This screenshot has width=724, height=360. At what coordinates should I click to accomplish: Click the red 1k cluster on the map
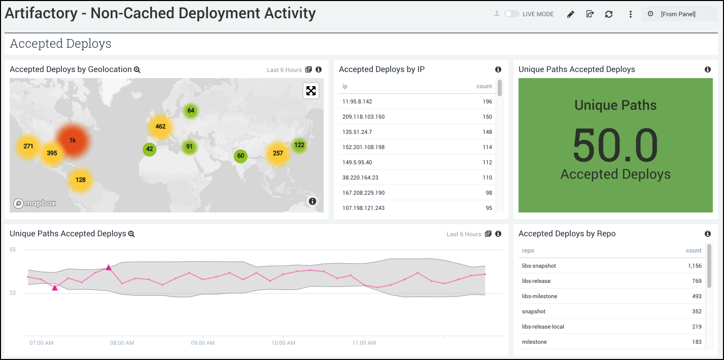(73, 140)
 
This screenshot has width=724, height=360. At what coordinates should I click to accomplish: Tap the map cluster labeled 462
(160, 126)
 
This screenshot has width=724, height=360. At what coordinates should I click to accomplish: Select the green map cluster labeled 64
(191, 111)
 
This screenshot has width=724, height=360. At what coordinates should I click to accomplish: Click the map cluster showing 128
(81, 179)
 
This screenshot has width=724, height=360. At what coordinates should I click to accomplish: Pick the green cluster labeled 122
(299, 145)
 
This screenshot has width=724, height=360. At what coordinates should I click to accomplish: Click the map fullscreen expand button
(311, 91)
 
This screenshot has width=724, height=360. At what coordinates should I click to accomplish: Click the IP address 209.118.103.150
(363, 117)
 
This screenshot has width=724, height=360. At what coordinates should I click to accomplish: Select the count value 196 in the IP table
(487, 101)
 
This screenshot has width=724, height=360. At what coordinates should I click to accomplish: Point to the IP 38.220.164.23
(360, 177)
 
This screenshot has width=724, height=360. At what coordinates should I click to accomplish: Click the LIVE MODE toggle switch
(511, 14)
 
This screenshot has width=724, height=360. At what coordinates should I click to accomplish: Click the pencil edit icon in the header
(570, 14)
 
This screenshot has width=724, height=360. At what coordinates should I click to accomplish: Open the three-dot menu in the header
(631, 14)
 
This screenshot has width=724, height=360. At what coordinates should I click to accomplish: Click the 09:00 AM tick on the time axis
(202, 343)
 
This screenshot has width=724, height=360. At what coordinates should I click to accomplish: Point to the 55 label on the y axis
(13, 249)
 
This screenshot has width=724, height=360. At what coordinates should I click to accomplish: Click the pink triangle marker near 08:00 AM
(108, 267)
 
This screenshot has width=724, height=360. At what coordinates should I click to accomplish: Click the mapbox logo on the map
(35, 203)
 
